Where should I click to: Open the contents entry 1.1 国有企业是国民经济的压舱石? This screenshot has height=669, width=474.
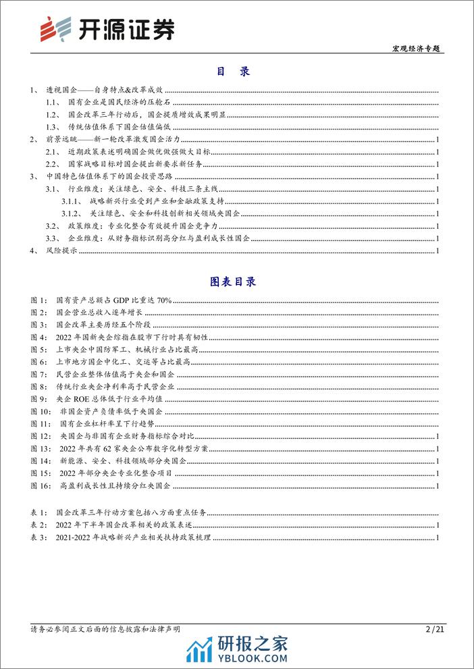(x=126, y=101)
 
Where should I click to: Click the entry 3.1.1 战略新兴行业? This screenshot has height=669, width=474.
(x=155, y=202)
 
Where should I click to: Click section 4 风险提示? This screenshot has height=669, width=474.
(x=53, y=251)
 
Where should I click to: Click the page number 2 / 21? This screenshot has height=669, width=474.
(x=436, y=628)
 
